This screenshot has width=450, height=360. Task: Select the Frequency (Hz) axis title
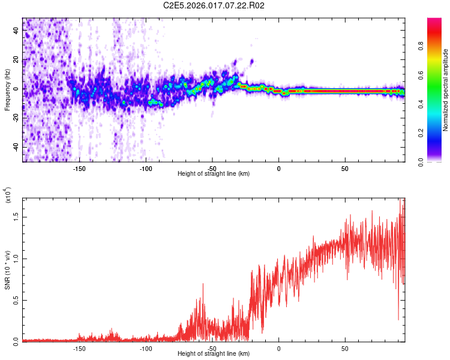7,90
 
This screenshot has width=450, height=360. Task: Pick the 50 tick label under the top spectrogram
345,169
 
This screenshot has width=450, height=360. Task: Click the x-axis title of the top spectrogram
214,174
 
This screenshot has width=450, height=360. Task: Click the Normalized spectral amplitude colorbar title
446,90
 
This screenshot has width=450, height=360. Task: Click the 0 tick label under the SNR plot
278,349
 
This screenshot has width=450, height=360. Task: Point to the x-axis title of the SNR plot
214,354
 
